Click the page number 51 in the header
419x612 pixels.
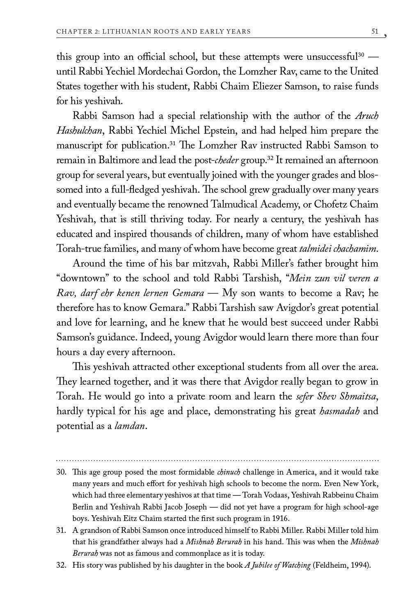(x=374, y=31)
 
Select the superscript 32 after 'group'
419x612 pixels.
(x=270, y=158)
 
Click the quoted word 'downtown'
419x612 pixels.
(x=82, y=279)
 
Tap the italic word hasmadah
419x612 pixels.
(x=339, y=411)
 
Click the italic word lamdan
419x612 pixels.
(x=130, y=426)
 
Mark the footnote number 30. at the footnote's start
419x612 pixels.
(x=61, y=472)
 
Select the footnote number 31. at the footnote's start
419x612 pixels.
(x=61, y=530)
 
